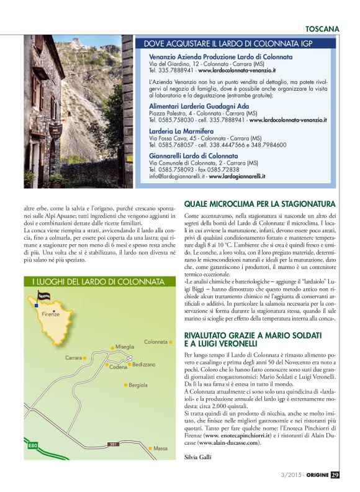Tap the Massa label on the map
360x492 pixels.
point(161,447)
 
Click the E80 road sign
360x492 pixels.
point(33,446)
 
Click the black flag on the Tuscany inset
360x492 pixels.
point(45,296)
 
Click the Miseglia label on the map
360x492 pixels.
point(125,346)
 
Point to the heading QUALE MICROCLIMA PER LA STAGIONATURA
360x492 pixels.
point(260,204)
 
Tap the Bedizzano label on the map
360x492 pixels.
point(144,365)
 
